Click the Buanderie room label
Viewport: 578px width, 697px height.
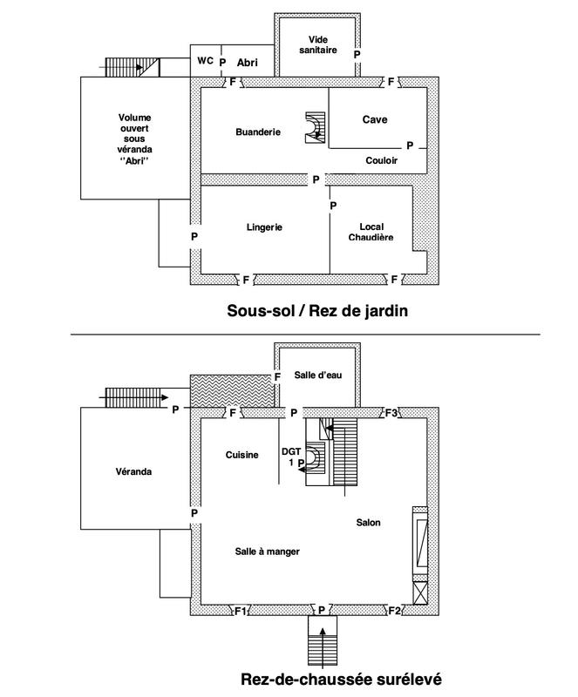pos(258,132)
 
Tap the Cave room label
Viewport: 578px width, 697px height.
pos(375,119)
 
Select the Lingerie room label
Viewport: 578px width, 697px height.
pos(264,227)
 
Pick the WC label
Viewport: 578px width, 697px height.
pos(205,61)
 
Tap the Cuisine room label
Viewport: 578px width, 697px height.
pos(241,454)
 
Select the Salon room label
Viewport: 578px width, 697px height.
pos(369,523)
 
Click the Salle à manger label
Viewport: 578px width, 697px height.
pos(262,552)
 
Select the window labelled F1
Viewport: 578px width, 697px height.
pos(241,611)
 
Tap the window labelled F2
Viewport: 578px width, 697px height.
pos(395,610)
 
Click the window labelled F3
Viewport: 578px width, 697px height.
pos(393,412)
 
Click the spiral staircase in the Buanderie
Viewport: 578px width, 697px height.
pos(313,128)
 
